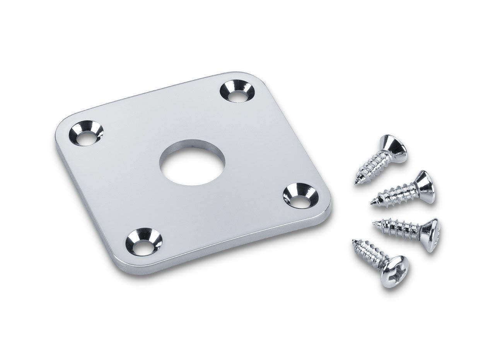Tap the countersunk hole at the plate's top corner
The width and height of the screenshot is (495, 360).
(237, 91)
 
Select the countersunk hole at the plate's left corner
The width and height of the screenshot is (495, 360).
(85, 133)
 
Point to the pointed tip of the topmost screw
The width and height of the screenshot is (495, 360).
(356, 182)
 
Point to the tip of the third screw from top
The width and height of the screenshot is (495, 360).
(374, 223)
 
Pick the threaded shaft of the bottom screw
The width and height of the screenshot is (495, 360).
(369, 253)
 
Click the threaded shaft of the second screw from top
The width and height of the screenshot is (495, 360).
(394, 196)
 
